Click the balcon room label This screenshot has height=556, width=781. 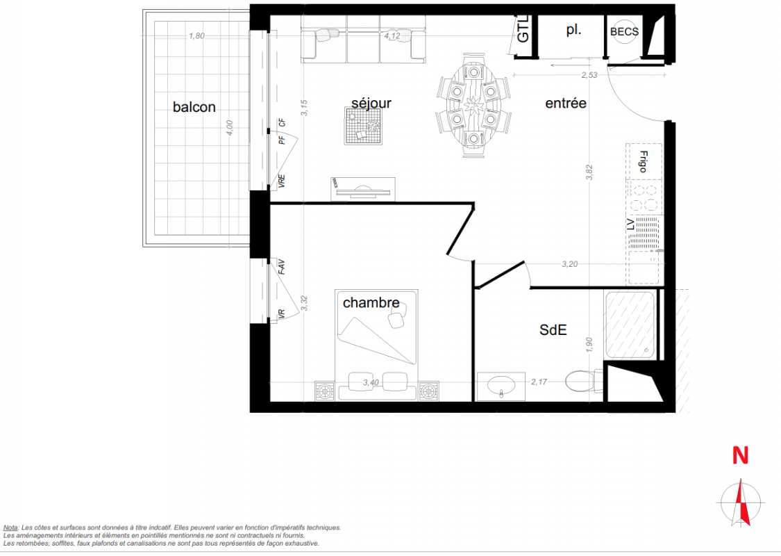coord(194,107)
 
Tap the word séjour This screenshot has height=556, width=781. coord(371,104)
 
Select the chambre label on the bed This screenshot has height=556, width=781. coord(371,303)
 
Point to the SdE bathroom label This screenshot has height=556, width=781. coord(553,329)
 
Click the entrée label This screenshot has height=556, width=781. coord(566,104)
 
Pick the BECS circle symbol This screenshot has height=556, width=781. coord(625,31)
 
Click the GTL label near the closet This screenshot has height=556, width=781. coord(523,29)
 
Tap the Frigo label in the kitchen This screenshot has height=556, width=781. coord(643,161)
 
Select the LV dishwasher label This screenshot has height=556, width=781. coord(630,225)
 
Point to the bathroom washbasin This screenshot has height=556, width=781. coord(501,386)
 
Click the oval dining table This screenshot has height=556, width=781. coord(473,105)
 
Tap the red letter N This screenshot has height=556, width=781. coord(740,455)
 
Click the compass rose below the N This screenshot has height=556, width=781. coord(741,502)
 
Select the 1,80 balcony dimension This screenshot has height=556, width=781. coord(196,36)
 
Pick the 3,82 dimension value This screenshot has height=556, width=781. coord(589,172)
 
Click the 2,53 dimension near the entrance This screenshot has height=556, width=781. coord(589,75)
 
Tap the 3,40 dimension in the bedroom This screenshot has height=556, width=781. coord(371,382)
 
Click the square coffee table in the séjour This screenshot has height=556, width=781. coord(364,126)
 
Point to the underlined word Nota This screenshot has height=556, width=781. coord(10,528)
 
